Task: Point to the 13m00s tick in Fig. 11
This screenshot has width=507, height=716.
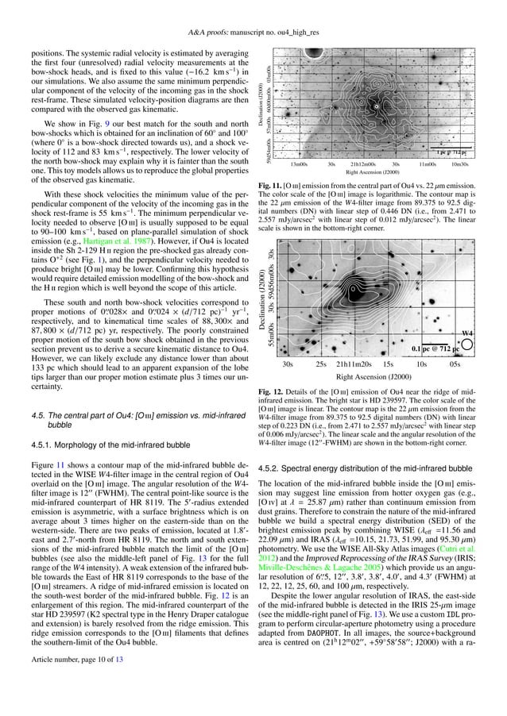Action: (x=300, y=164)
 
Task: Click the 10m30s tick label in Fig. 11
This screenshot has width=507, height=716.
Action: (x=459, y=164)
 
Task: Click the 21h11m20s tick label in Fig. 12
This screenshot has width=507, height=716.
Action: (x=355, y=366)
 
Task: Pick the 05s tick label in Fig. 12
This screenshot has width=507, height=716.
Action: (x=455, y=366)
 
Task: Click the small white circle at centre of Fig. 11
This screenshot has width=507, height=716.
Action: (x=376, y=104)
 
